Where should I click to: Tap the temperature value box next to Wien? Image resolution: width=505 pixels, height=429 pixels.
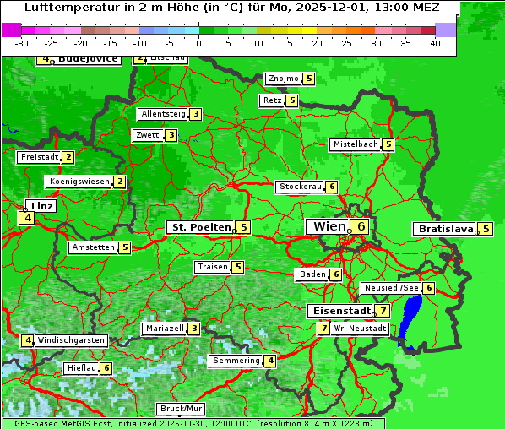click(361, 226)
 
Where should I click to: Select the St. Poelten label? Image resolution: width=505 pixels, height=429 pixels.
click(199, 227)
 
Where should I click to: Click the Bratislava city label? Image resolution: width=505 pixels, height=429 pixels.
click(444, 229)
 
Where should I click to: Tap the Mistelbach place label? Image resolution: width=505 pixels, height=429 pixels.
click(355, 144)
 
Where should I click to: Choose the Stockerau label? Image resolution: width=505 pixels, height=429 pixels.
click(300, 187)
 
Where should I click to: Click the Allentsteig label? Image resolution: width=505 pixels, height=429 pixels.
click(163, 114)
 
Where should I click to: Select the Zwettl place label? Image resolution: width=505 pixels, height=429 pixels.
click(148, 135)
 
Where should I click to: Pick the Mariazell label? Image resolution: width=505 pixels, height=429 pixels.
click(164, 329)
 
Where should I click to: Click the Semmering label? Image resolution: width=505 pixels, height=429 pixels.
click(236, 361)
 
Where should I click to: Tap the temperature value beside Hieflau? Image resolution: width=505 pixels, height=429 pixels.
click(106, 368)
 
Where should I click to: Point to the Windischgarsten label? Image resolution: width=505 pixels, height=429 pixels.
click(71, 340)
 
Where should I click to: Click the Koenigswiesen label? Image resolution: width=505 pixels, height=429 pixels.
click(79, 182)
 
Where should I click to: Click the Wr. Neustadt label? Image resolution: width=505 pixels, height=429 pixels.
click(360, 329)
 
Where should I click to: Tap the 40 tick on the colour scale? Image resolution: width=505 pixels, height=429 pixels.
click(435, 43)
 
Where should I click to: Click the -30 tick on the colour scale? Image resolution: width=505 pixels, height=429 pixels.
click(22, 43)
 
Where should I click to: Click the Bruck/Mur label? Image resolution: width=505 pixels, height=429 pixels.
click(182, 409)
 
